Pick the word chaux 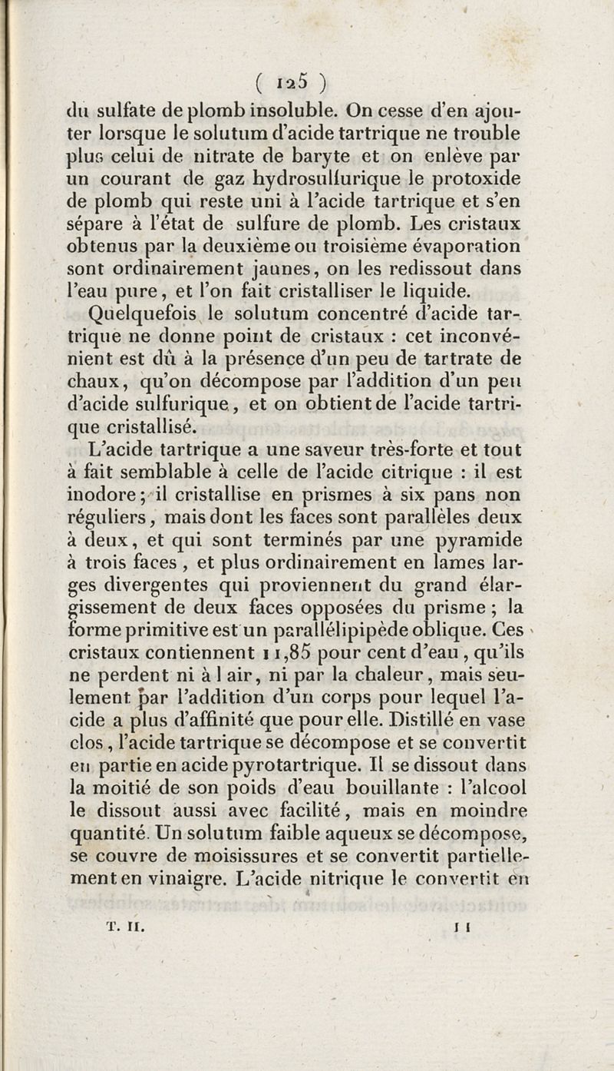coord(91,380)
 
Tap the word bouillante coord(380,787)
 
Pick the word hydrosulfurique coord(348,180)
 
